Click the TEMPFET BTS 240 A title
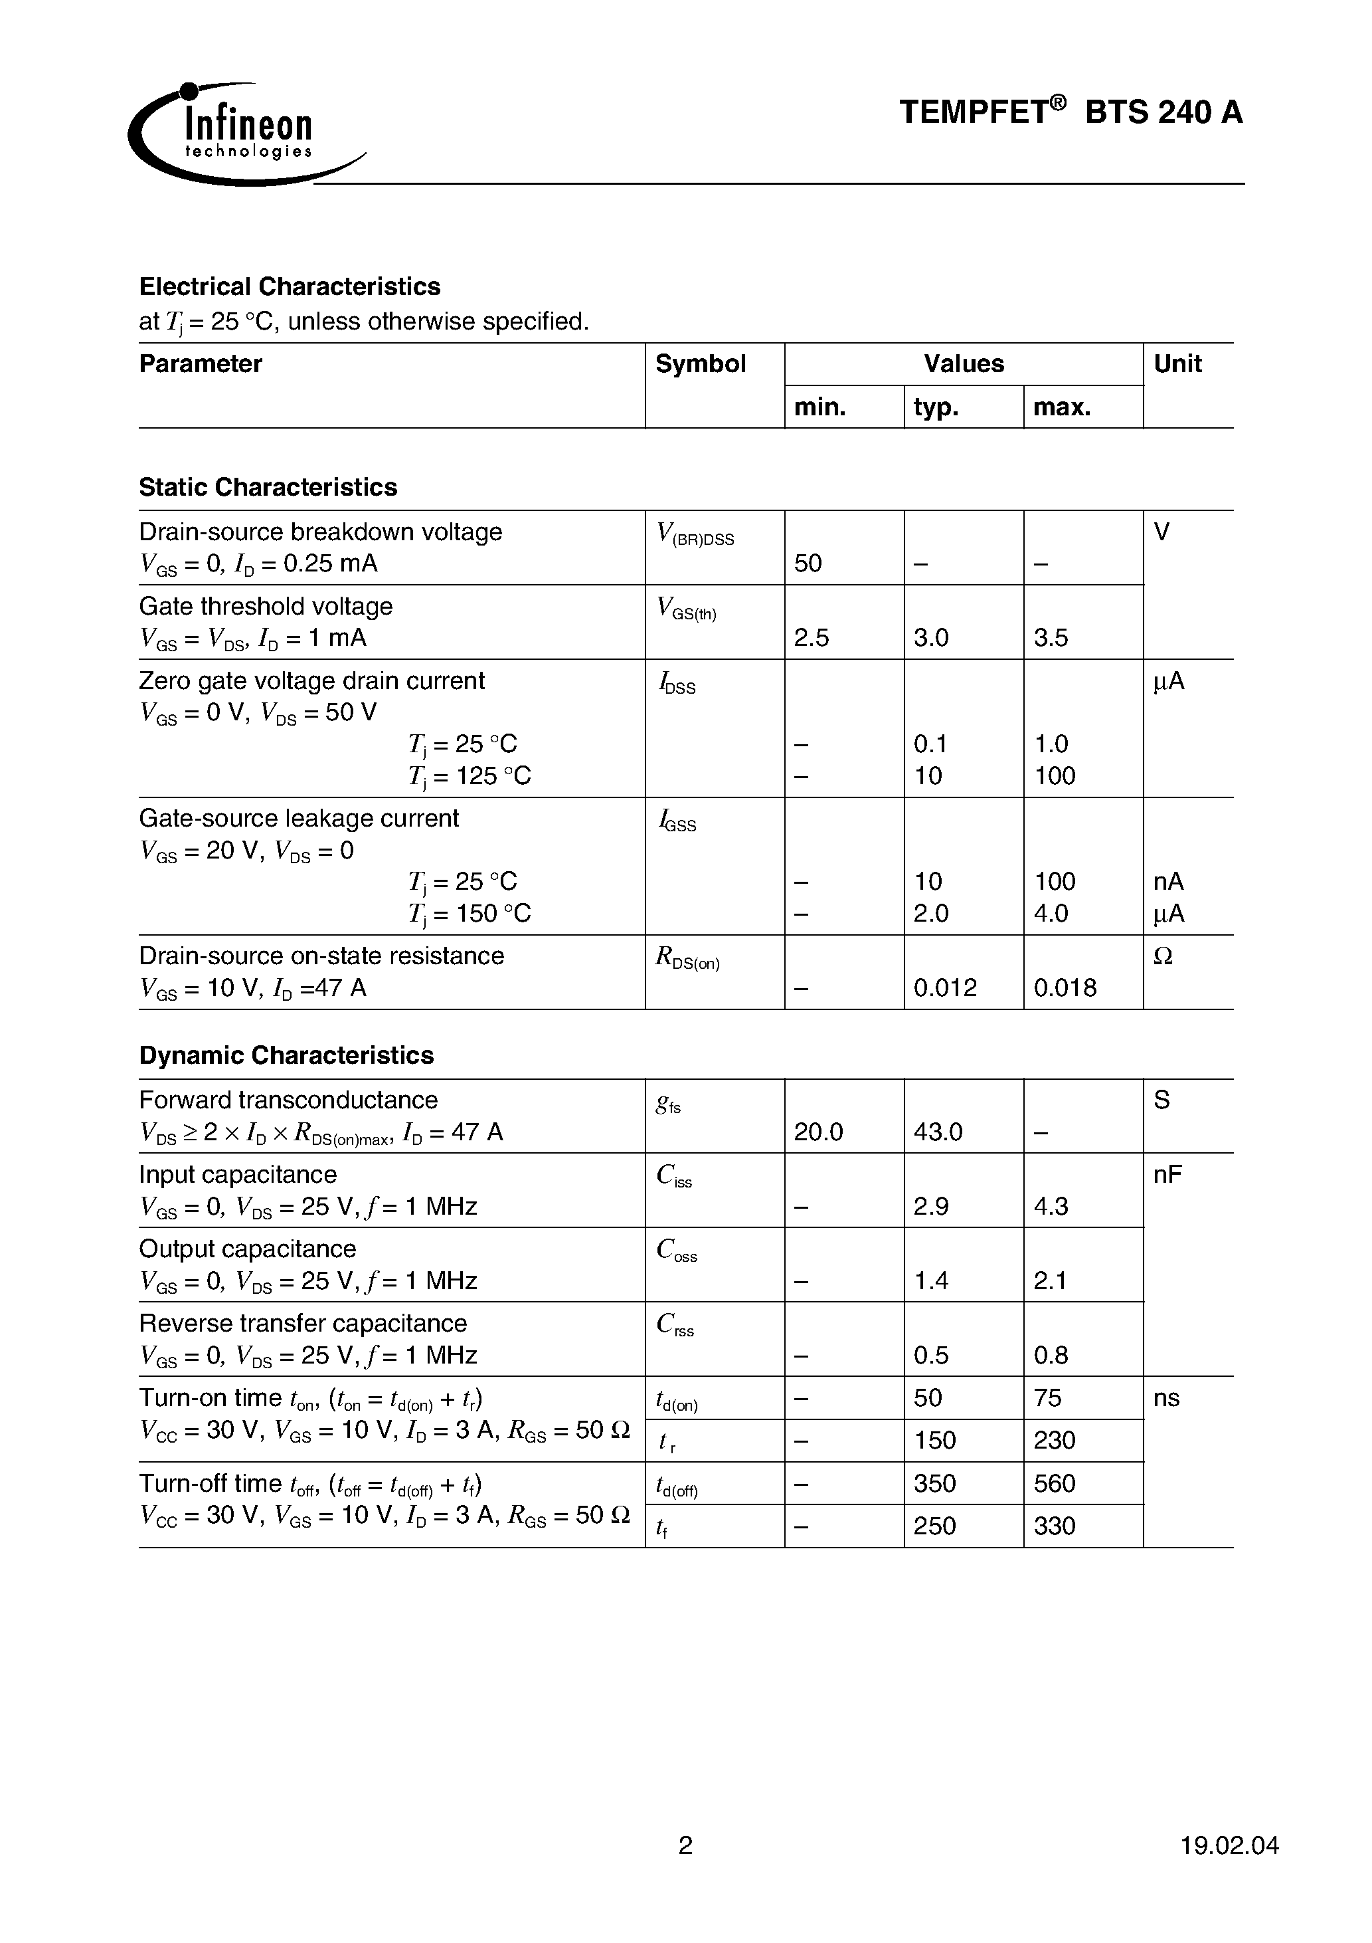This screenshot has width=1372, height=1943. click(1070, 112)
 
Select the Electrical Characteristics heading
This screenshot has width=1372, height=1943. click(290, 287)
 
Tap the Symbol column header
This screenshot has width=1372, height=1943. click(701, 364)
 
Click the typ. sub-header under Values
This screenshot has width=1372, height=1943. click(936, 408)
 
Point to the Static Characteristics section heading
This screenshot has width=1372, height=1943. click(268, 488)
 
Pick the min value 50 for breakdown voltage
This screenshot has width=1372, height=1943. click(808, 563)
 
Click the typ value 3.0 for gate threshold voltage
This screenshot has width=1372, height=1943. click(931, 638)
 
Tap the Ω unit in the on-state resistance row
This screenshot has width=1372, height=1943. click(1163, 956)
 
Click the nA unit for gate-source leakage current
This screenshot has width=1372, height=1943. click(1168, 882)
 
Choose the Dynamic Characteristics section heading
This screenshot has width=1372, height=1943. click(286, 1055)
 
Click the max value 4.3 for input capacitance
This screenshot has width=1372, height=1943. click(1051, 1207)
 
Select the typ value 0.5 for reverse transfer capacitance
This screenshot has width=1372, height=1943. click(931, 1356)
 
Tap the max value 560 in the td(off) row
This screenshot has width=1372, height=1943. click(1054, 1483)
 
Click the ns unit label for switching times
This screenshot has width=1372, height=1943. click(1165, 1398)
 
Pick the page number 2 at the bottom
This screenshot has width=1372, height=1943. click(685, 1845)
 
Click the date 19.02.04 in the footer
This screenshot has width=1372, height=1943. click(1229, 1845)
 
